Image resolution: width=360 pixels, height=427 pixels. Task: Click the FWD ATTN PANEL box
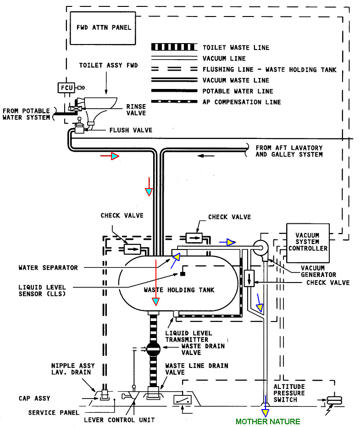click(x=104, y=28)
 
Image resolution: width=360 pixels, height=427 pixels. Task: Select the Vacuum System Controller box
click(x=307, y=242)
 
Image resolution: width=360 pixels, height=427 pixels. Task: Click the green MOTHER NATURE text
click(x=268, y=421)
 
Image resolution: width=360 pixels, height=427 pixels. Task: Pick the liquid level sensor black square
click(x=182, y=274)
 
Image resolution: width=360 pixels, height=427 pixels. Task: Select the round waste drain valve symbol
click(x=152, y=349)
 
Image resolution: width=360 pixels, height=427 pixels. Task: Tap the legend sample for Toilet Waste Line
click(x=173, y=48)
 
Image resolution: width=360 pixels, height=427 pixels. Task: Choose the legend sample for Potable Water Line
click(x=173, y=91)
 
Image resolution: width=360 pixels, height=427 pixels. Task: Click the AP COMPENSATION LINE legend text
click(x=241, y=102)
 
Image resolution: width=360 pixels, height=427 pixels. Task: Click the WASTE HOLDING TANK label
click(x=179, y=290)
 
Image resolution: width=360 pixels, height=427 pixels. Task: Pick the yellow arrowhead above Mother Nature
click(x=265, y=406)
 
